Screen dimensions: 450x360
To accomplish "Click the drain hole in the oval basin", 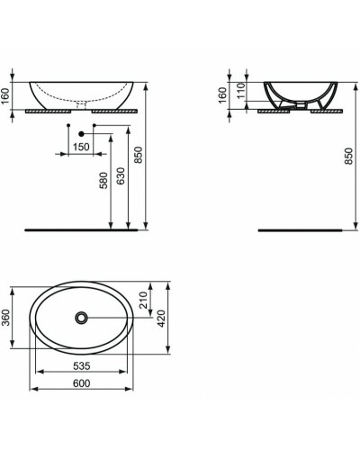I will [x=82, y=317].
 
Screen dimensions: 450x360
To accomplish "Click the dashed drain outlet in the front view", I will [x=82, y=103].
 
